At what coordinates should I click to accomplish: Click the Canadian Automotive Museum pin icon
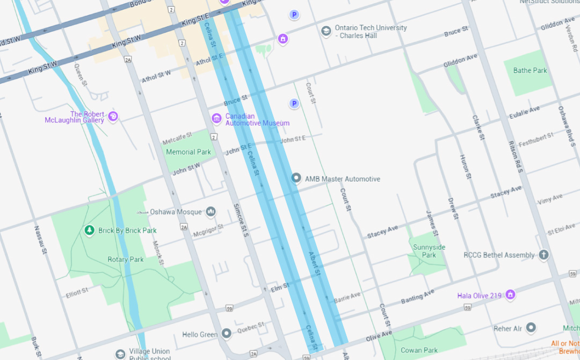216,118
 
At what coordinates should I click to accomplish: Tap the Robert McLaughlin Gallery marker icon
113,116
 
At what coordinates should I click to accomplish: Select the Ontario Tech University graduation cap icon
325,31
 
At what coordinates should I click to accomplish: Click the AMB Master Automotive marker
296,178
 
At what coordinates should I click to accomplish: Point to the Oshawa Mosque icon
211,212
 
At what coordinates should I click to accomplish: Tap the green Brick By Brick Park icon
90,231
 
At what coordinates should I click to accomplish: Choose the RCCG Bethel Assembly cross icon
543,255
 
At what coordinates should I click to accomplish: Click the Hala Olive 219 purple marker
510,295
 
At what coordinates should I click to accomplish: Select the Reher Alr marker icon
531,328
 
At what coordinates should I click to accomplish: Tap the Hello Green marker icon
227,334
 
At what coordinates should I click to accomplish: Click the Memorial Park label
189,152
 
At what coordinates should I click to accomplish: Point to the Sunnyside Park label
429,251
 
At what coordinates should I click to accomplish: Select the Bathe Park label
530,70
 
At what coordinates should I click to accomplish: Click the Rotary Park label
126,260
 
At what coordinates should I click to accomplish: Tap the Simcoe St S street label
240,220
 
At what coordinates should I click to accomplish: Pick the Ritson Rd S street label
516,157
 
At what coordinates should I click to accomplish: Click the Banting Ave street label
418,297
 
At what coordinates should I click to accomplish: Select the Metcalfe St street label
177,139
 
